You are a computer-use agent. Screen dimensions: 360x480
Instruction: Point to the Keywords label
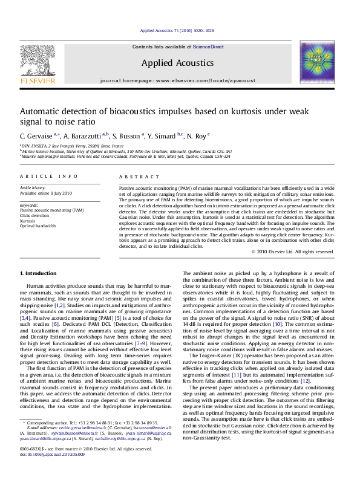point(30,206)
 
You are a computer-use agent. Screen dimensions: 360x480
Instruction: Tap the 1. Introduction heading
point(39,274)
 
